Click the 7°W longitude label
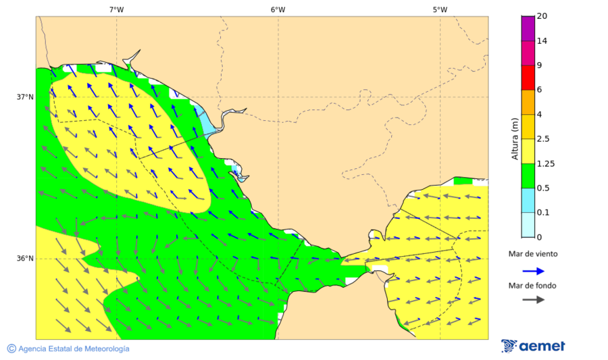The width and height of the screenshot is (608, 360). (116, 9)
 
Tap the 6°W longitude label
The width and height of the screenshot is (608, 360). (278, 9)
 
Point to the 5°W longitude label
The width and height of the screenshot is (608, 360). (440, 9)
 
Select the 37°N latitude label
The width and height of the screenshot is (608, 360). (25, 97)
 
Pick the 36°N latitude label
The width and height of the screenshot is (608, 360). (25, 259)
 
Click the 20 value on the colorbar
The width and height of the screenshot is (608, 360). (542, 16)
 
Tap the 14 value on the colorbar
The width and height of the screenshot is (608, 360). (542, 41)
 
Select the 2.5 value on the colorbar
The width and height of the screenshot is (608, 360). (543, 139)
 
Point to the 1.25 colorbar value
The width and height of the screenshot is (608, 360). (545, 163)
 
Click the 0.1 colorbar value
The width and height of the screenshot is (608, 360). (542, 213)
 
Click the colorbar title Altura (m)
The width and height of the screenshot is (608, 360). (515, 138)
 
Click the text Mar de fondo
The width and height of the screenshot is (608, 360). (533, 285)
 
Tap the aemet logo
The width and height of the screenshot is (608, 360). (533, 346)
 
